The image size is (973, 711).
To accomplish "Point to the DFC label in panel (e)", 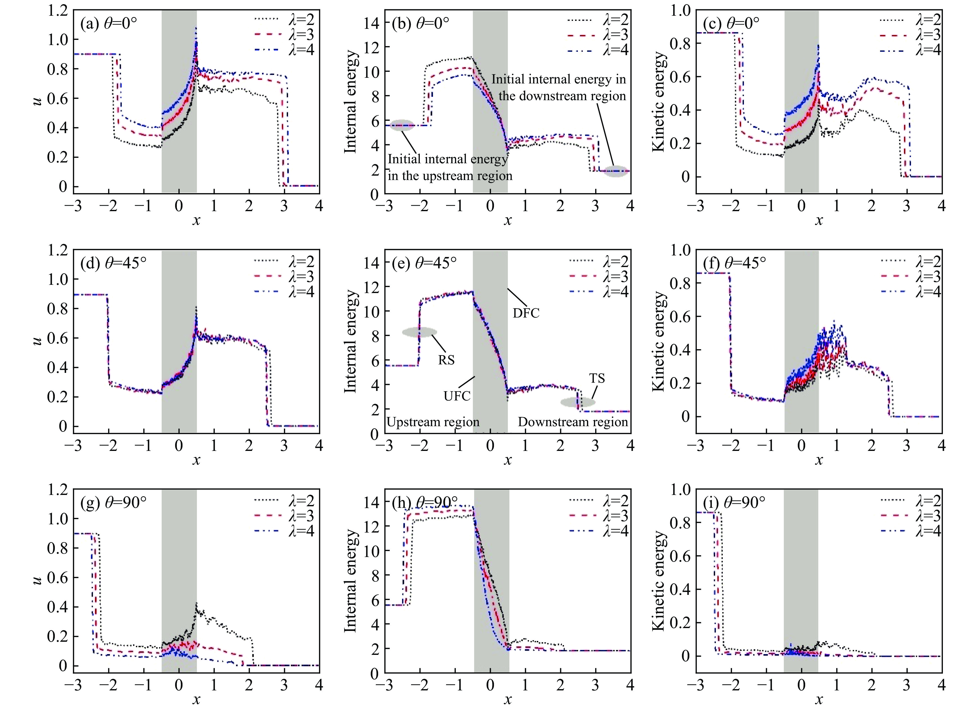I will click(526, 313).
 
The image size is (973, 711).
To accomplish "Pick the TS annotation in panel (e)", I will click(597, 378).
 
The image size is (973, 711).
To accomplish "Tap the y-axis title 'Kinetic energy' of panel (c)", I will click(658, 102).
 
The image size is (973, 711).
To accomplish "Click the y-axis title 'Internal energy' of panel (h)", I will click(351, 581).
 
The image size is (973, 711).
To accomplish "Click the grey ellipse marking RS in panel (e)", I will click(419, 332).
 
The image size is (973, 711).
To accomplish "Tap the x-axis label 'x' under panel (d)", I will click(196, 460).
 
